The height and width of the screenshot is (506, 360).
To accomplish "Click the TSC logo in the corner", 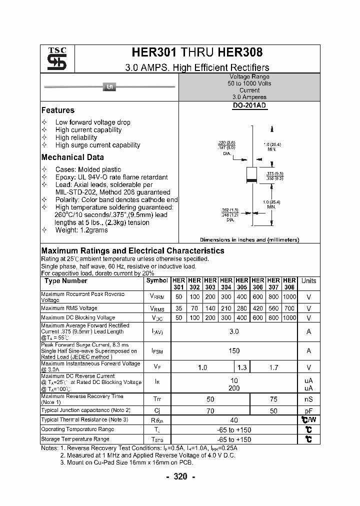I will [x=53, y=59].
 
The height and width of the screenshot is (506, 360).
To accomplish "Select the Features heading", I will [x=57, y=110].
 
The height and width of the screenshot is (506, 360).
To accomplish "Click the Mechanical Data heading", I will [x=72, y=157].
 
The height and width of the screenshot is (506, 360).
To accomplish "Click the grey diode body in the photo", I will [x=109, y=87].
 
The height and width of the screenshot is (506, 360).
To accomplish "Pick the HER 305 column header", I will [x=242, y=284].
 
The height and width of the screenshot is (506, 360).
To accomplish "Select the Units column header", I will [x=308, y=281].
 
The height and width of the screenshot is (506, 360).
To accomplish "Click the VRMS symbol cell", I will [x=157, y=309].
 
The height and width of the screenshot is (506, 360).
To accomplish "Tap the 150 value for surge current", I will [x=234, y=351].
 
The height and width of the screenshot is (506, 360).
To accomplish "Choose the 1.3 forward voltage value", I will [x=242, y=367].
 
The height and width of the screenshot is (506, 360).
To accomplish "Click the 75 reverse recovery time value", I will [x=273, y=399].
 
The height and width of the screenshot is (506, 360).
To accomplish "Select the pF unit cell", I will [x=308, y=410].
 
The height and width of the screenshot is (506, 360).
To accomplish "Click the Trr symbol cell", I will [x=157, y=399].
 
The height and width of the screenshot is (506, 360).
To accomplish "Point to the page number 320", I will [x=180, y=476].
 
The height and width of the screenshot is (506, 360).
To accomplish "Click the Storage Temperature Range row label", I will [x=75, y=439].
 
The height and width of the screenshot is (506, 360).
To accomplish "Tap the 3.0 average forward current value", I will [x=234, y=331].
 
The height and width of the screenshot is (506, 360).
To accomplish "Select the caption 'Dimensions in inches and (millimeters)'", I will [x=249, y=240].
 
